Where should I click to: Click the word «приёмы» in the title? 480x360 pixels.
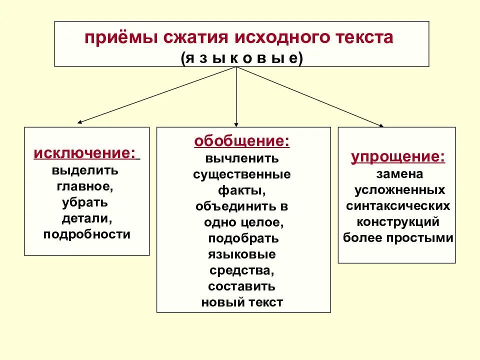110,38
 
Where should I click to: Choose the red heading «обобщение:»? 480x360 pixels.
241,142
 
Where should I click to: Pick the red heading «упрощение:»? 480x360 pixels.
397,157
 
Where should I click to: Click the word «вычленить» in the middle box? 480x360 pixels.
241,158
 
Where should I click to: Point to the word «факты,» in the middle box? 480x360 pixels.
241,190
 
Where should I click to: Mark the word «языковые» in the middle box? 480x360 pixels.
241,254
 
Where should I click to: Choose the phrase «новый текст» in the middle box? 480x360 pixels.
242,302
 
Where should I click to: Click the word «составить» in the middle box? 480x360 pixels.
241,286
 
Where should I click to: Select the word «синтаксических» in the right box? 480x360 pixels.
398,206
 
